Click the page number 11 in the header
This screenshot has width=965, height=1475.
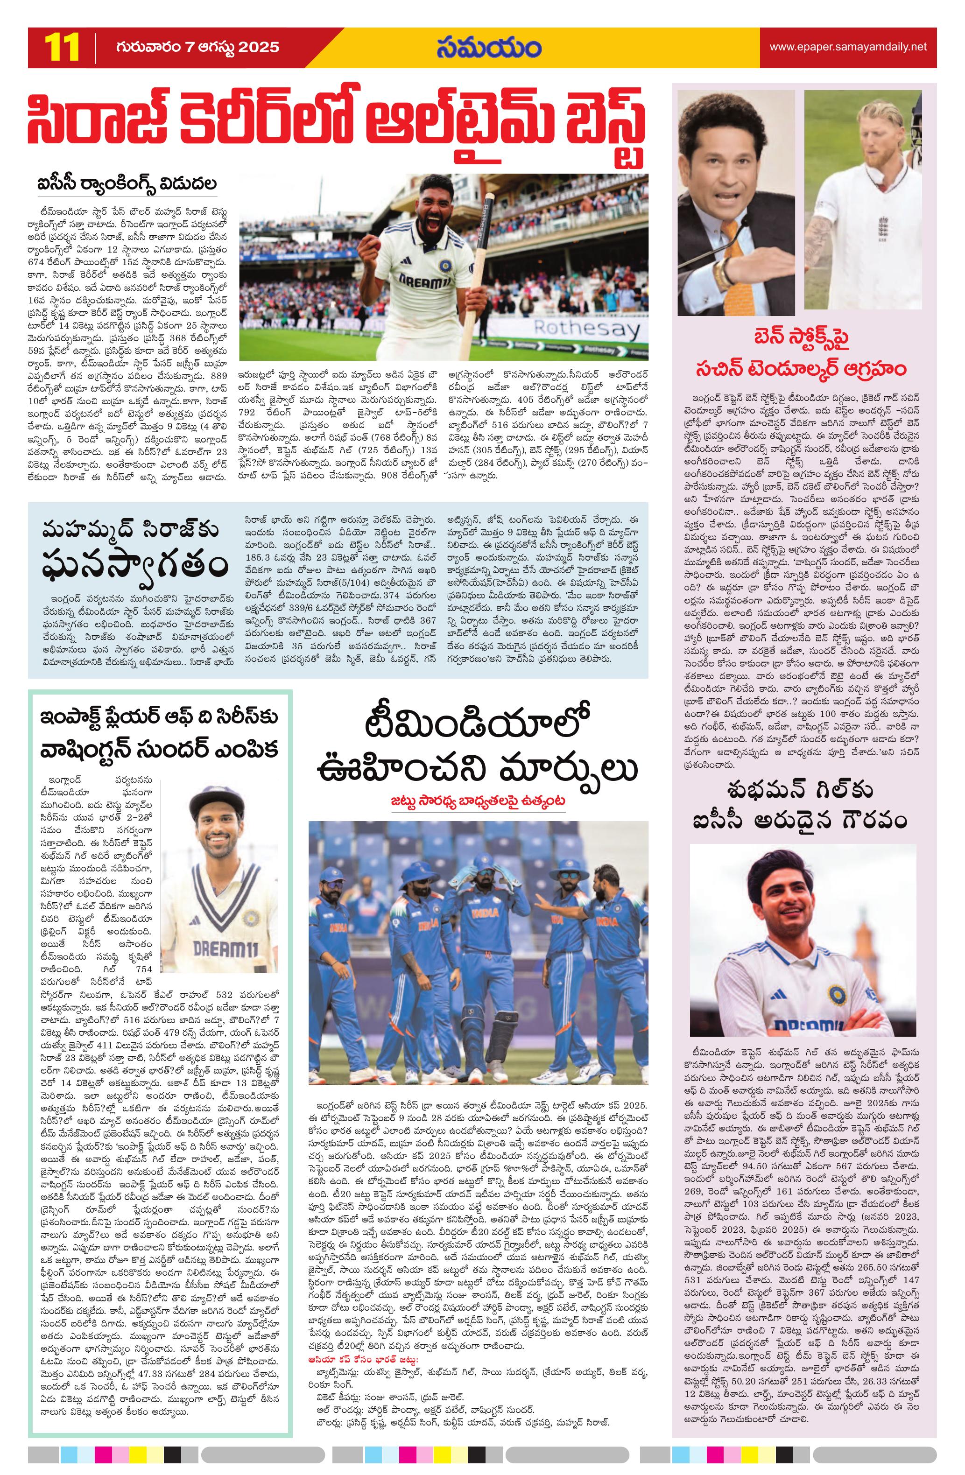(x=61, y=48)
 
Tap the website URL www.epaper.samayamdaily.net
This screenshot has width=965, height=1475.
(x=848, y=47)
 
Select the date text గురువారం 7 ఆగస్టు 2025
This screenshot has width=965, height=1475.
(x=197, y=48)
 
